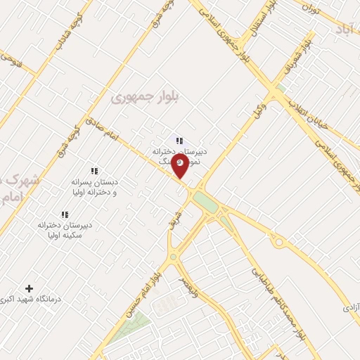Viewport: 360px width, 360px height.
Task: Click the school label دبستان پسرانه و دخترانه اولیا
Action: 94,186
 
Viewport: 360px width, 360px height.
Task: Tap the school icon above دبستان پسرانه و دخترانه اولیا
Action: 94,171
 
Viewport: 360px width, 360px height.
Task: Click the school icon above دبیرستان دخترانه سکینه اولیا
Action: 65,214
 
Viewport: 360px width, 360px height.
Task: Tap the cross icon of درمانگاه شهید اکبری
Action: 29,288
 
